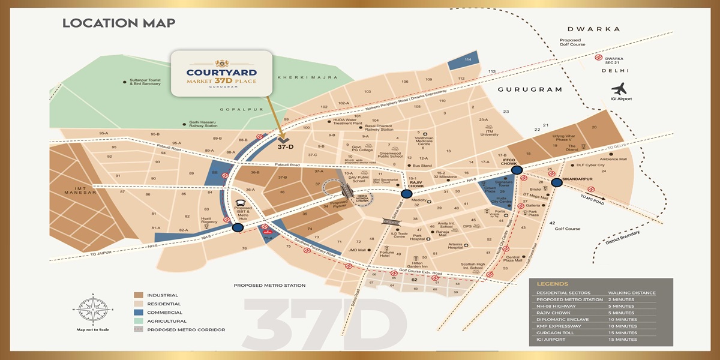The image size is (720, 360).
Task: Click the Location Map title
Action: pyautogui.click(x=119, y=23)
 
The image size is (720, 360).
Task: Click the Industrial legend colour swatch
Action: pyautogui.click(x=139, y=295)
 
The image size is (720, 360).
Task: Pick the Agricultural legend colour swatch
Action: pyautogui.click(x=139, y=321)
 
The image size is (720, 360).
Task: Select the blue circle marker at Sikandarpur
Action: pyautogui.click(x=556, y=183)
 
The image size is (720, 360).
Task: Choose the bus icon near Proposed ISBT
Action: pyautogui.click(x=241, y=205)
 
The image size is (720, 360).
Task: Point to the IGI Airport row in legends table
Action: pyautogui.click(x=552, y=340)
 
